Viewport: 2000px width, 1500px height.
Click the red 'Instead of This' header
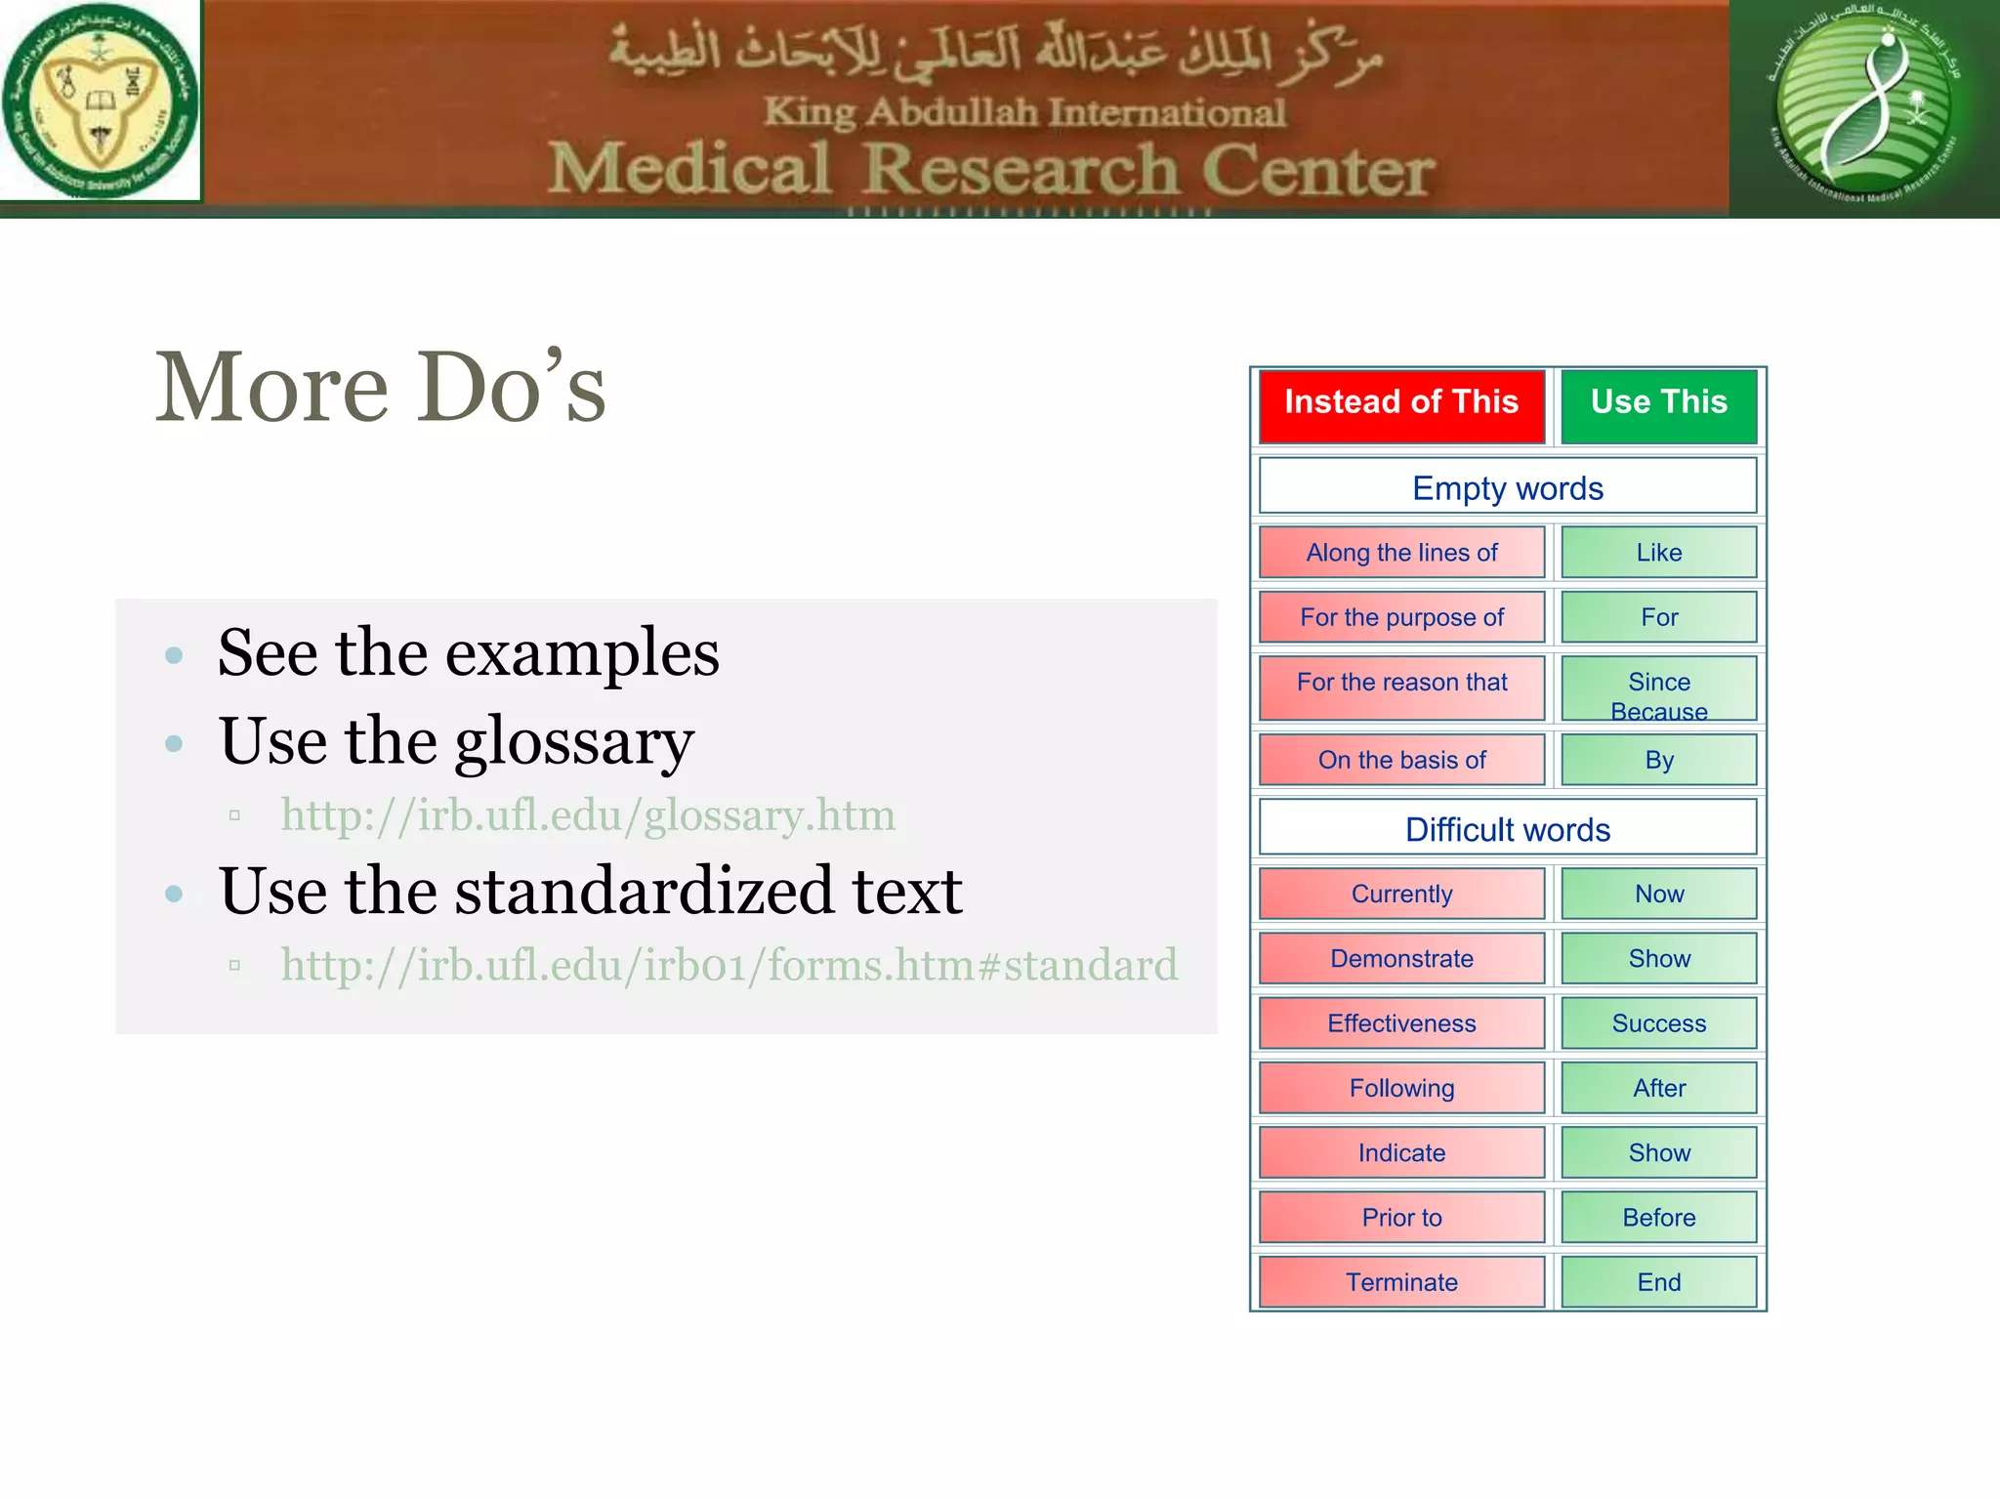pyautogui.click(x=1400, y=404)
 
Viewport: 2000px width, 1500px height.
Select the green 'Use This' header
pyautogui.click(x=1658, y=404)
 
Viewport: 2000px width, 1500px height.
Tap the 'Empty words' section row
pyautogui.click(x=1507, y=486)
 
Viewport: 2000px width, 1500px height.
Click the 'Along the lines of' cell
pyautogui.click(x=1400, y=552)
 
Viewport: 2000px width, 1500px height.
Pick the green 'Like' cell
pyautogui.click(x=1658, y=552)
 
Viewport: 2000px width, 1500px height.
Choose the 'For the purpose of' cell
pyautogui.click(x=1400, y=616)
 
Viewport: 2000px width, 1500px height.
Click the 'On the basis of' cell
pyautogui.click(x=1400, y=759)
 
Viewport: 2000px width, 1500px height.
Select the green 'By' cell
pyautogui.click(x=1658, y=759)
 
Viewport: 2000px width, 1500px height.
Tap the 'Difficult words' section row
pyautogui.click(x=1507, y=828)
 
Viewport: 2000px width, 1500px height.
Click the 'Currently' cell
pyautogui.click(x=1400, y=893)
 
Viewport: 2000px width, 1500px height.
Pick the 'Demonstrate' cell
pyautogui.click(x=1400, y=957)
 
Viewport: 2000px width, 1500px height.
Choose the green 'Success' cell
pyautogui.click(x=1658, y=1022)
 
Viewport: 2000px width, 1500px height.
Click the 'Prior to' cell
pyautogui.click(x=1400, y=1217)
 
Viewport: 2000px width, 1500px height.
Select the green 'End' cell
pyautogui.click(x=1658, y=1281)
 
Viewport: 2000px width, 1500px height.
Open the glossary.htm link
pyautogui.click(x=588, y=815)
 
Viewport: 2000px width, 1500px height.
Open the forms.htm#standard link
pyautogui.click(x=729, y=965)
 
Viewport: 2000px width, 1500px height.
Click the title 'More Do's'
pyautogui.click(x=381, y=388)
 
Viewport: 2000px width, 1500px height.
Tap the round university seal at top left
pyautogui.click(x=100, y=102)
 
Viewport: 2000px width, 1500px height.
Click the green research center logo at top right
pyautogui.click(x=1863, y=105)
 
